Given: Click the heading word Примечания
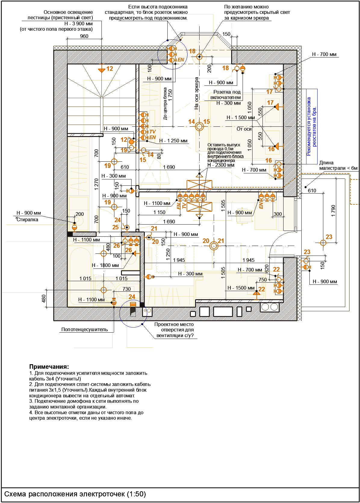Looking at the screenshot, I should click(x=49, y=367).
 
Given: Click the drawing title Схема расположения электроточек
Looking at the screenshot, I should click(x=75, y=494).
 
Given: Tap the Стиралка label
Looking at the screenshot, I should click(x=27, y=219).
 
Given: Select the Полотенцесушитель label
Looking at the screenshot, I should click(x=85, y=329).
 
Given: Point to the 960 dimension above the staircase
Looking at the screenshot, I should click(x=84, y=36).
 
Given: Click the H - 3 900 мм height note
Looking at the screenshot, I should click(x=79, y=23).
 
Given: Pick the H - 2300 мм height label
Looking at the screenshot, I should click(x=221, y=165).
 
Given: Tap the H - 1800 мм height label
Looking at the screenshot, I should click(x=105, y=265).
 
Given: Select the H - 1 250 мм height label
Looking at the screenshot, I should click(x=173, y=141).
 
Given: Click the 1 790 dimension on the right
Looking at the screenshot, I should click(x=333, y=211).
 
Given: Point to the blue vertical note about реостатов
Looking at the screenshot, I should click(x=312, y=126).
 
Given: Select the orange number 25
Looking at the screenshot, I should click(x=116, y=227).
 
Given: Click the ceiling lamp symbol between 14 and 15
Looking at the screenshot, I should click(x=199, y=126).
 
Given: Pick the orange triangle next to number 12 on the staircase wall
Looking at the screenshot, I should click(x=101, y=70).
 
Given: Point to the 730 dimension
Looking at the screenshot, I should click(x=127, y=289).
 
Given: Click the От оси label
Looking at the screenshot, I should click(x=244, y=129).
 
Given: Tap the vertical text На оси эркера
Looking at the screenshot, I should click(x=197, y=93).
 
